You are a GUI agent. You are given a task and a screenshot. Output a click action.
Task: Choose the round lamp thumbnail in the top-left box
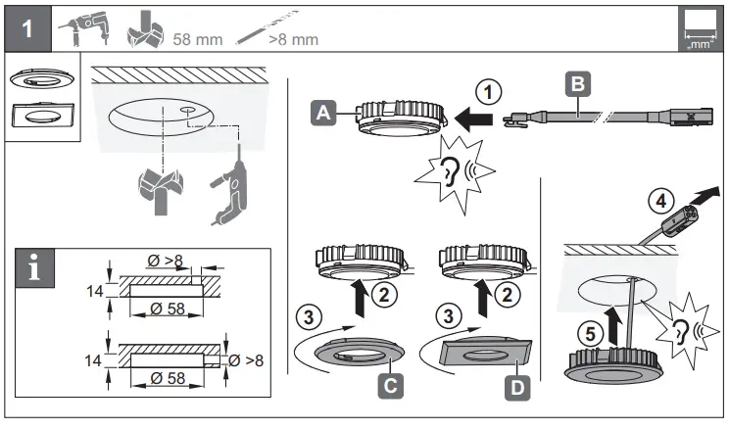tap(32, 79)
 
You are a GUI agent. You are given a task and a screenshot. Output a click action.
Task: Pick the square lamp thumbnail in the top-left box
tap(32, 116)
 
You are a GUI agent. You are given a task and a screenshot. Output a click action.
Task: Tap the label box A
tap(322, 114)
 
